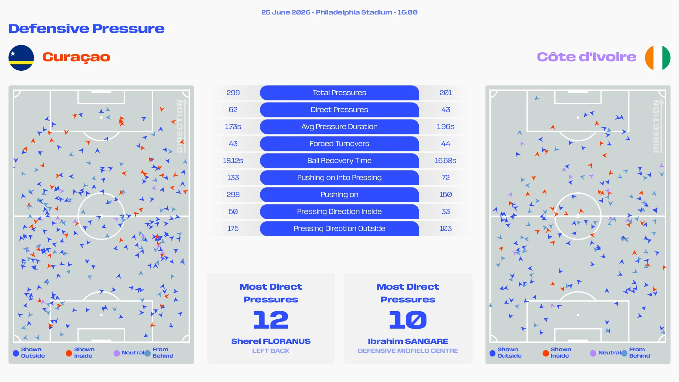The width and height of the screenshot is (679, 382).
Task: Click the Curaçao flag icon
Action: click(21, 58)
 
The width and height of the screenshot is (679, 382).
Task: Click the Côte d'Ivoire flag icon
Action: click(657, 58)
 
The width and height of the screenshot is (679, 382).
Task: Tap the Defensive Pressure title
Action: click(87, 29)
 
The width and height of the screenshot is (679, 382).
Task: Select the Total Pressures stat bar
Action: click(339, 93)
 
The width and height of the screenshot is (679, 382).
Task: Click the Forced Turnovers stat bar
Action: click(339, 144)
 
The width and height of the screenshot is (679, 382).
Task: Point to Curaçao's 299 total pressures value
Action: click(233, 93)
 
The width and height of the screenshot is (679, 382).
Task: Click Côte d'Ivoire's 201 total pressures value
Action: click(446, 93)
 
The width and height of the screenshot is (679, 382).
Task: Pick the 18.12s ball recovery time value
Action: click(233, 161)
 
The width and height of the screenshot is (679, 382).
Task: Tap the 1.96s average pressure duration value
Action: click(446, 127)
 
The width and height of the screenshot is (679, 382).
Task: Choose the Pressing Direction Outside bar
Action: click(339, 228)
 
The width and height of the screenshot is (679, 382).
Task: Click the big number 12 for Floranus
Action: click(271, 320)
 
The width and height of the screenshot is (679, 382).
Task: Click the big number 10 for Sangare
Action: click(408, 320)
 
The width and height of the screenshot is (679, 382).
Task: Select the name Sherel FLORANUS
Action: click(271, 341)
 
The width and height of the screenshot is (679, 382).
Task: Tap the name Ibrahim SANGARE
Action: click(408, 341)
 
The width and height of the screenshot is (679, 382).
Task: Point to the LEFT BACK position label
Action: click(271, 351)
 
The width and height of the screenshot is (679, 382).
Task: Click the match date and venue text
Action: click(339, 12)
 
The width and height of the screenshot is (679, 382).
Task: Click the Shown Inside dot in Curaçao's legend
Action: click(69, 353)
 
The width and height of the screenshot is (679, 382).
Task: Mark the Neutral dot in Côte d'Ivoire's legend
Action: click(593, 353)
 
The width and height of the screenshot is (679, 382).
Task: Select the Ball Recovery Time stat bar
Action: click(339, 161)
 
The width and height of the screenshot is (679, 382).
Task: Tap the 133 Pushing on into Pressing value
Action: click(233, 178)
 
